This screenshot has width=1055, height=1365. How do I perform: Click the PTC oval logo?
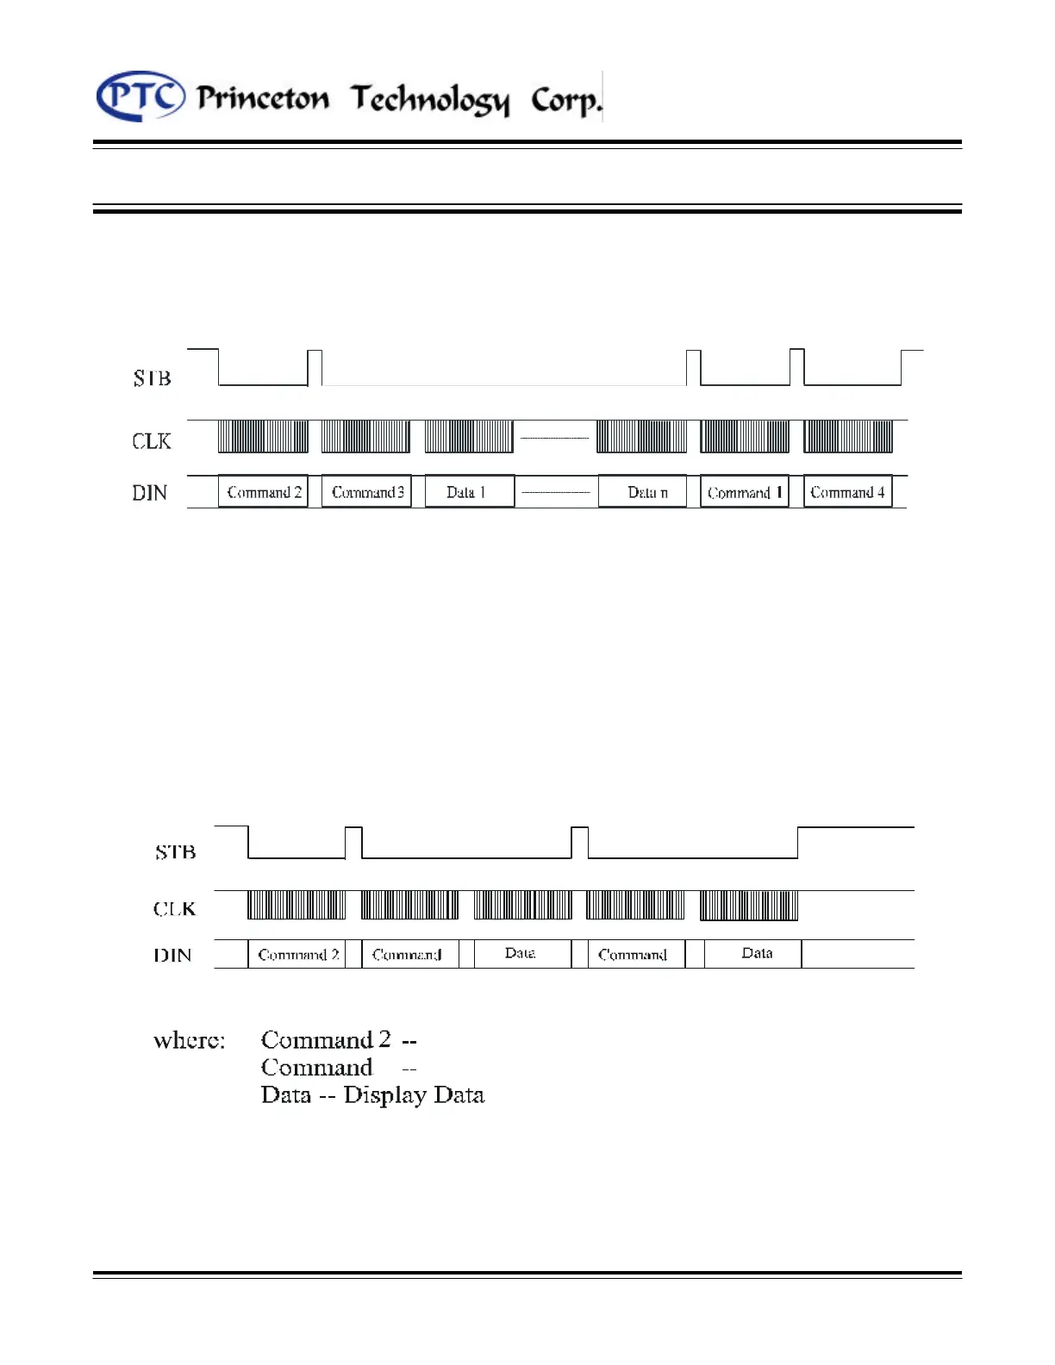tap(140, 96)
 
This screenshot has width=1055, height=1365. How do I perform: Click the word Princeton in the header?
tap(263, 98)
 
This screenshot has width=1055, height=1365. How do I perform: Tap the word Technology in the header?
tap(430, 100)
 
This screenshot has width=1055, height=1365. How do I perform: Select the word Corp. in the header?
tap(565, 100)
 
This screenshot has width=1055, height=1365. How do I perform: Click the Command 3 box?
tap(367, 492)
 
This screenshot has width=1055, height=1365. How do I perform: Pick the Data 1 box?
tap(468, 492)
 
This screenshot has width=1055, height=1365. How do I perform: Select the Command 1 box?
tap(745, 492)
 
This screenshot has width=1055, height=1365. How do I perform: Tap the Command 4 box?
tap(847, 492)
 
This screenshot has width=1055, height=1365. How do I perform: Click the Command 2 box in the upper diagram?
tap(263, 492)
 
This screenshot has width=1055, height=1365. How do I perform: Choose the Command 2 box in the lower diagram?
tap(297, 954)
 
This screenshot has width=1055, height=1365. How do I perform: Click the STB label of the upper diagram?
tap(152, 377)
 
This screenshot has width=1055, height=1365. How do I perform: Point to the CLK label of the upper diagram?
tap(152, 441)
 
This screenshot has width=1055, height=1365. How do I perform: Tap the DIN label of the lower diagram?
tap(172, 955)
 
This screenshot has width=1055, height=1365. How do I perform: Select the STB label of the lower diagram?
tap(175, 852)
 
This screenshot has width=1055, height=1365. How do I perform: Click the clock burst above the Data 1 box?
tap(469, 436)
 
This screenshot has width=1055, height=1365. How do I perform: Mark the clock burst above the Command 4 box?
tap(848, 436)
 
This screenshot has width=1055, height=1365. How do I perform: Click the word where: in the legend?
tap(189, 1041)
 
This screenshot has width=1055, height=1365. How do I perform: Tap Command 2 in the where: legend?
tap(326, 1040)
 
